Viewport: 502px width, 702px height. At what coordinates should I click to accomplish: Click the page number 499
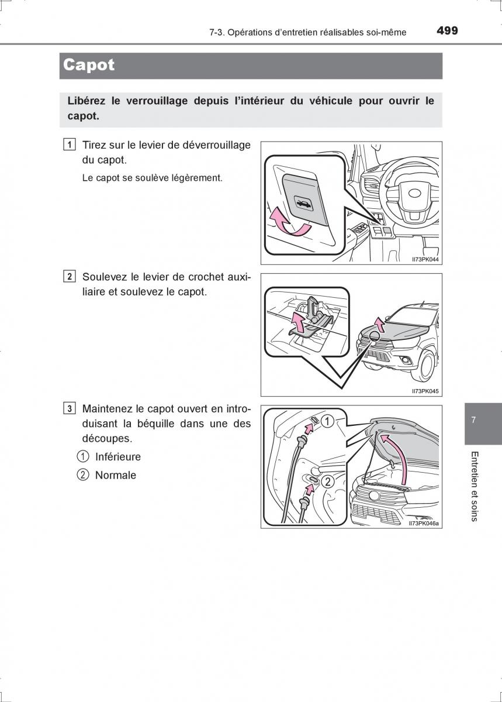coord(447,31)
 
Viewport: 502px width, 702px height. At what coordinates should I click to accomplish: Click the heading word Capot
coord(89,65)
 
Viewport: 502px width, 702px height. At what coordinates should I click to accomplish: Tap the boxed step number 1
coord(69,144)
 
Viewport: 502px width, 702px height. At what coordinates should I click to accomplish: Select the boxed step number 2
coord(69,277)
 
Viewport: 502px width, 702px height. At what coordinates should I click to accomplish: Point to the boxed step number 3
coord(69,408)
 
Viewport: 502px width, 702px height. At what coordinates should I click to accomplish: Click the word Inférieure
coord(118,457)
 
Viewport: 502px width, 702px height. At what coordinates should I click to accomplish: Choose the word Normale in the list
coord(116,476)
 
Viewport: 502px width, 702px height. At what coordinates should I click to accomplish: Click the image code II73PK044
coord(425,259)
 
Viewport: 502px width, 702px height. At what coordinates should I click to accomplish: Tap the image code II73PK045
coord(425,391)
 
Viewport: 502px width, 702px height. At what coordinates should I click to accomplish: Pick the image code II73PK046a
coord(424,524)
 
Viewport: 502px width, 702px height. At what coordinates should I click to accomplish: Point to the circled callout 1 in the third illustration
coord(328,421)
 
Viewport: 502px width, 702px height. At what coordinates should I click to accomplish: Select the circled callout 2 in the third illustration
coord(328,481)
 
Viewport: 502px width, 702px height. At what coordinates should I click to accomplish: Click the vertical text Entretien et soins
coord(474,486)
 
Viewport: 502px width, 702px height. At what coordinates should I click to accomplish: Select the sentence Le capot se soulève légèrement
coord(153,178)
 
